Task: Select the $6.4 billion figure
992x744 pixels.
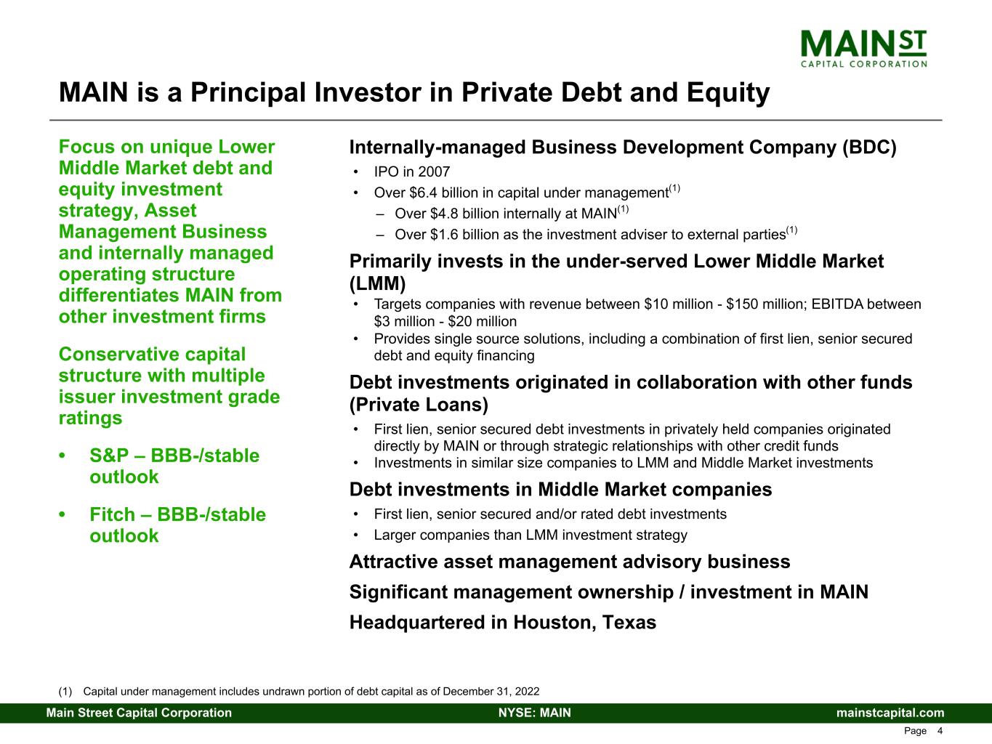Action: coord(443,193)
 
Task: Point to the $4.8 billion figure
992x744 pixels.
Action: coord(464,214)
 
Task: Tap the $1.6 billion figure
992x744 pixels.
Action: coord(464,235)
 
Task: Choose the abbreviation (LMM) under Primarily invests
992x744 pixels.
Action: coord(377,283)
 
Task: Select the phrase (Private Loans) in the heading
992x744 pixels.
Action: coord(419,404)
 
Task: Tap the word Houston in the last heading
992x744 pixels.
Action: coord(552,623)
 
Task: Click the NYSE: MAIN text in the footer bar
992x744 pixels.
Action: coord(534,713)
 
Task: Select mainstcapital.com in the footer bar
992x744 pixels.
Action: coord(890,713)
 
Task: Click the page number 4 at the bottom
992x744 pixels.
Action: coord(940,731)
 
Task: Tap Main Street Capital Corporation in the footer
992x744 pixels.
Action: coord(139,713)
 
